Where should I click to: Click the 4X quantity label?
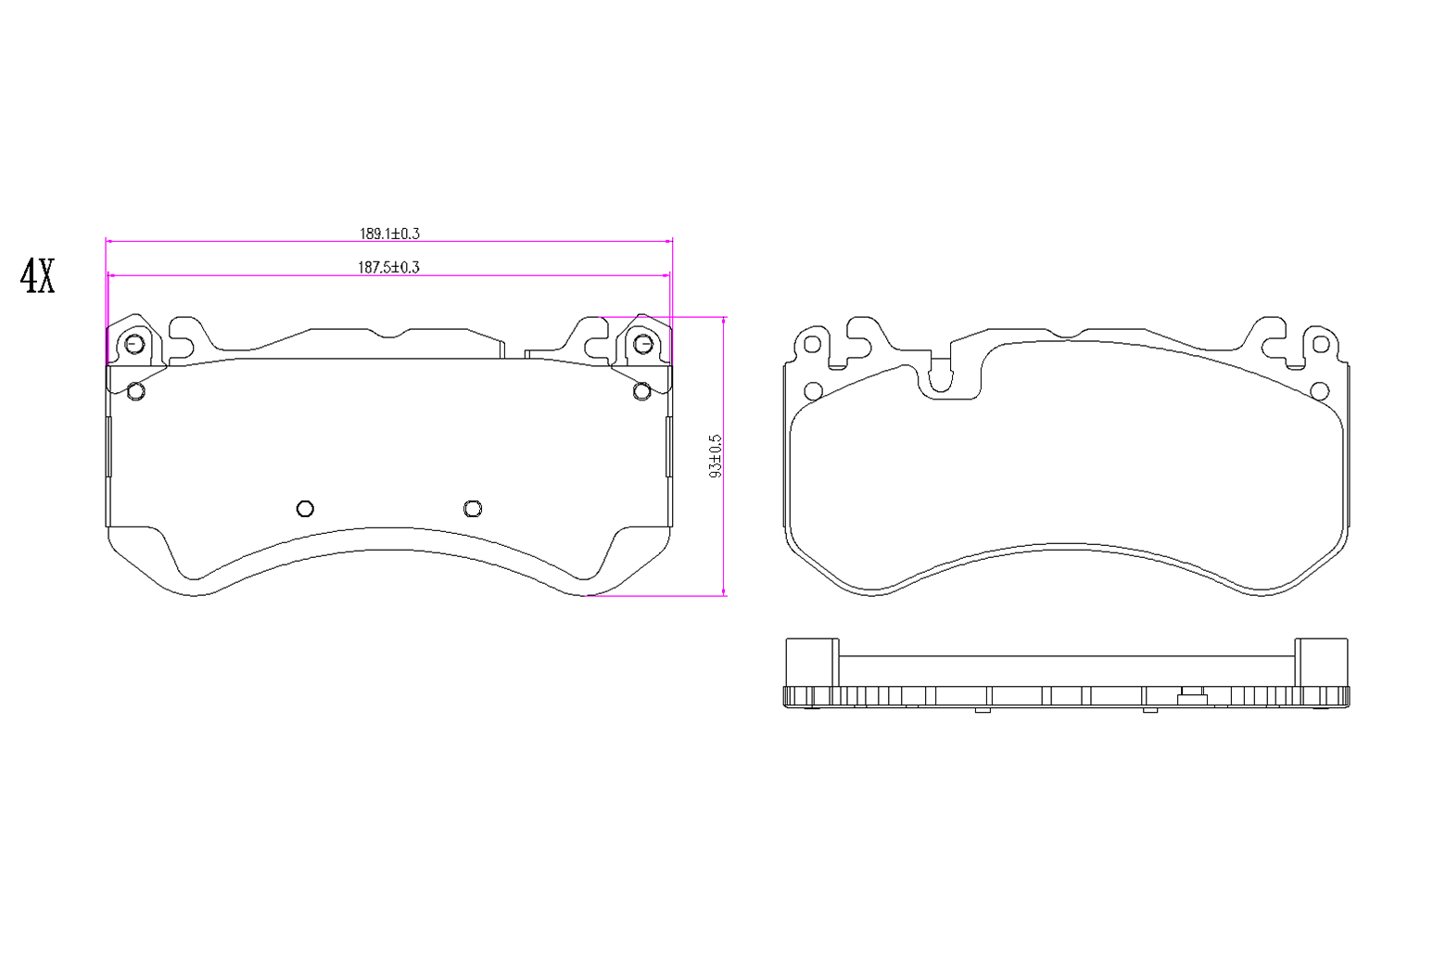click(x=37, y=276)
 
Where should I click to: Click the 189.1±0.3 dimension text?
click(x=389, y=234)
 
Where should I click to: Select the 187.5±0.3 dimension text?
click(x=388, y=267)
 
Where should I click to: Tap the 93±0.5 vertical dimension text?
click(x=716, y=456)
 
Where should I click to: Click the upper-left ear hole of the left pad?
click(x=134, y=345)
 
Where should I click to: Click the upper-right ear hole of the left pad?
click(x=643, y=344)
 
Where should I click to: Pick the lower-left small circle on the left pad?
click(x=135, y=391)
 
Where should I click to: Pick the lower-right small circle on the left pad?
click(x=642, y=391)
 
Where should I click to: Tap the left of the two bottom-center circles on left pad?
click(x=305, y=509)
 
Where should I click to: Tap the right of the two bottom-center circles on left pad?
click(x=473, y=509)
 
